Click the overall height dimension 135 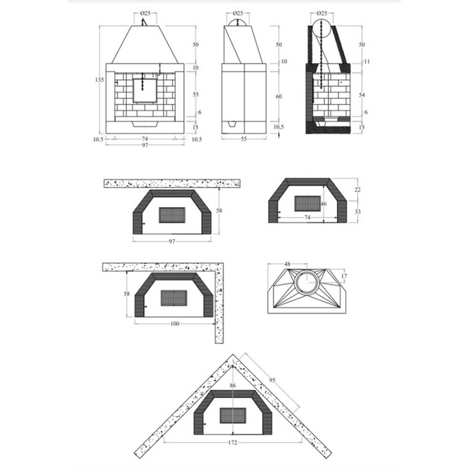coord(99,80)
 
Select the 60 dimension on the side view coord(278,97)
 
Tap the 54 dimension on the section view coord(361,95)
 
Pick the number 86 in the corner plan coord(232,387)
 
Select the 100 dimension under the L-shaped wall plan coord(175,324)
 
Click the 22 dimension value coord(357,191)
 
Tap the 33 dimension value coord(357,211)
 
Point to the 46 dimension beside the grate coord(324,204)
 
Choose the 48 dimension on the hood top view coord(287,264)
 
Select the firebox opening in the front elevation coord(144,90)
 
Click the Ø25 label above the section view coord(321,13)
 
